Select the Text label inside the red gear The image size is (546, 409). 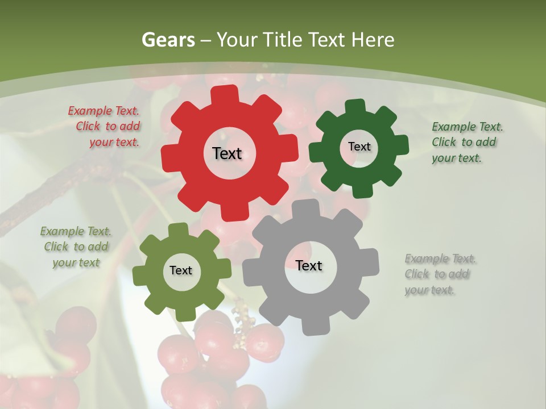(x=227, y=153)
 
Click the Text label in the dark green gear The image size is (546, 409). (x=359, y=147)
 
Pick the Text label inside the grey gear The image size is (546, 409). (x=309, y=265)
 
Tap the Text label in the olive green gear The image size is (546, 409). (x=181, y=270)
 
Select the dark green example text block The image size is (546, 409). (x=464, y=142)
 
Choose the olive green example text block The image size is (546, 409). (x=76, y=247)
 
